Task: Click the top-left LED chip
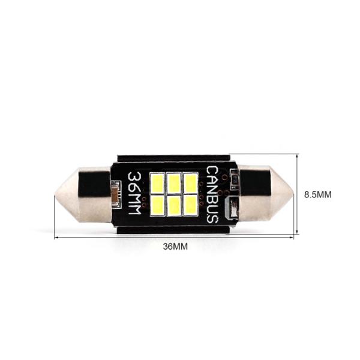tap(157, 183)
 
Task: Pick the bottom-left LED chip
tap(157, 205)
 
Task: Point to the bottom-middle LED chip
tap(174, 205)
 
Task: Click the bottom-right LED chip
tap(190, 205)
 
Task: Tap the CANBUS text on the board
tap(212, 194)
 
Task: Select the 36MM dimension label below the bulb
tap(175, 247)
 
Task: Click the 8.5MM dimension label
tap(318, 194)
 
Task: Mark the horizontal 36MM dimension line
tap(174, 236)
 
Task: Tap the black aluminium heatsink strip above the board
tap(174, 159)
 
